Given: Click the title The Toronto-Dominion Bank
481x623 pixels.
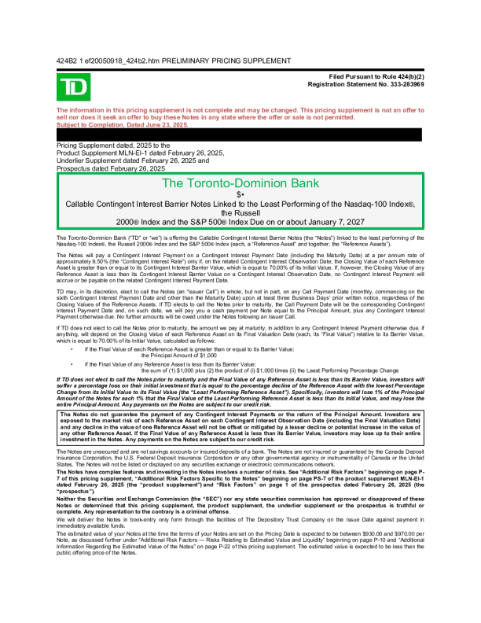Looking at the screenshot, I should click(240, 184).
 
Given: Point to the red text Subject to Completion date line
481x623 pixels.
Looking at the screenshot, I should click(123, 125).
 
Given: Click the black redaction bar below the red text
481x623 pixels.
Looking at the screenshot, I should click(240, 135).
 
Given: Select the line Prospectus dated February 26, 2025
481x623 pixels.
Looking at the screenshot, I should click(111, 168).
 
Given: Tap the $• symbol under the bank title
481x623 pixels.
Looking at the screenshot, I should click(240, 194).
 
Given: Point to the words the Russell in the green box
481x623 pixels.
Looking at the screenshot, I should click(240, 212).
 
